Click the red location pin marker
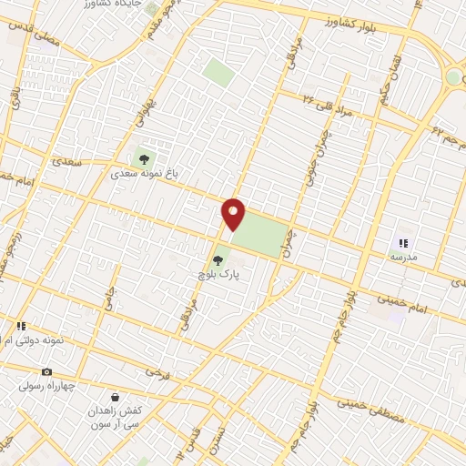coord(234,214)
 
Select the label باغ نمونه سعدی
coord(143,172)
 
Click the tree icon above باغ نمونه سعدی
coord(143,159)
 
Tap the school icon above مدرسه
coord(403,243)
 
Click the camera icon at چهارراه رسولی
coord(46,371)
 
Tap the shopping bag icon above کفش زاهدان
coord(116,397)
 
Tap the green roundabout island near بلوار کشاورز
coord(453,76)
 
